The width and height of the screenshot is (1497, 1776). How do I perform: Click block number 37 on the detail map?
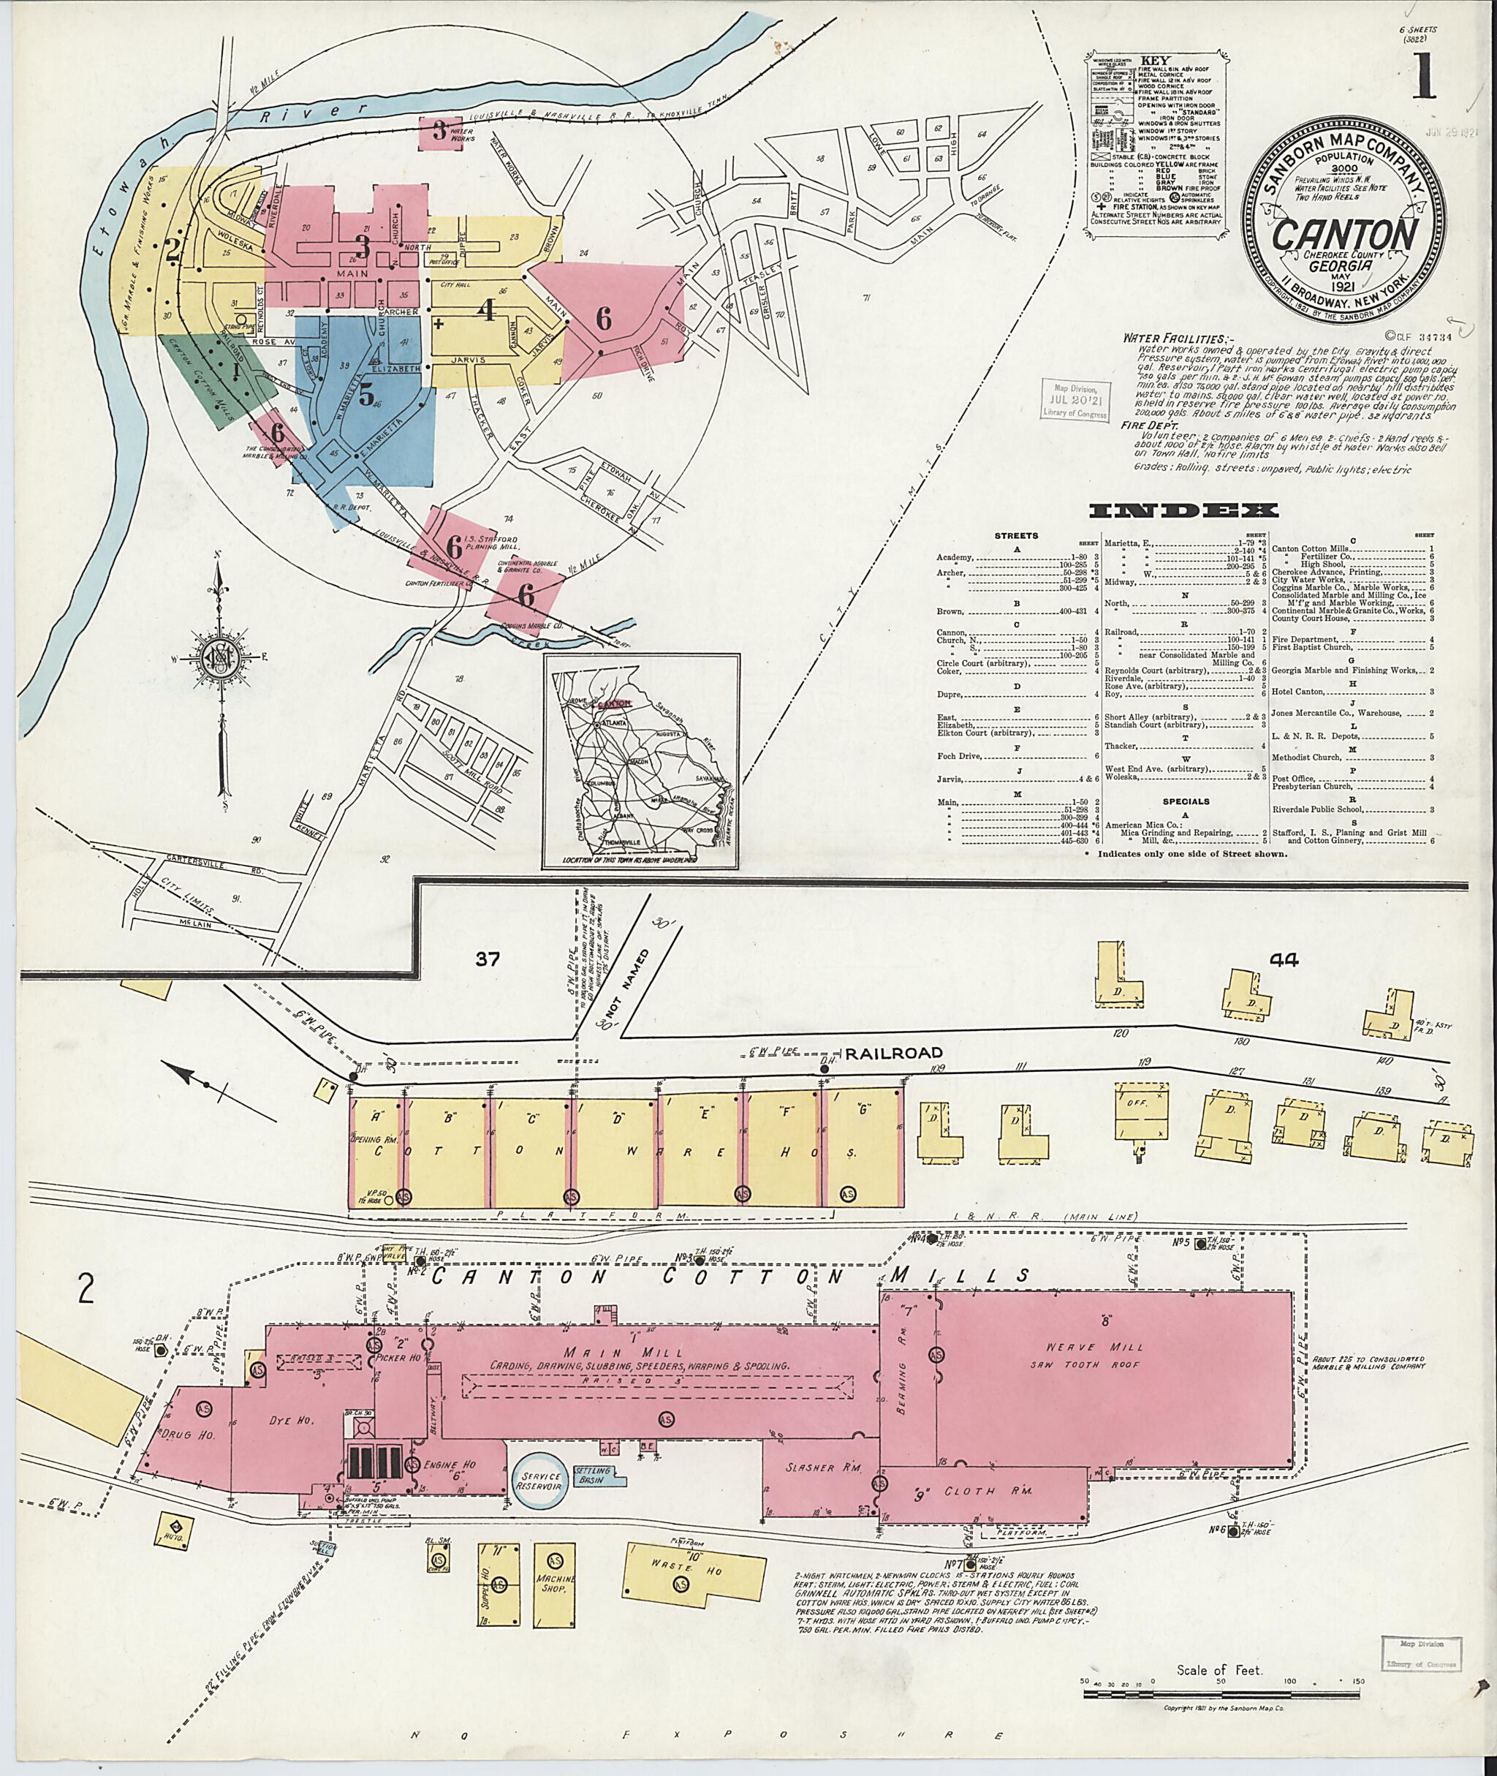[488, 959]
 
